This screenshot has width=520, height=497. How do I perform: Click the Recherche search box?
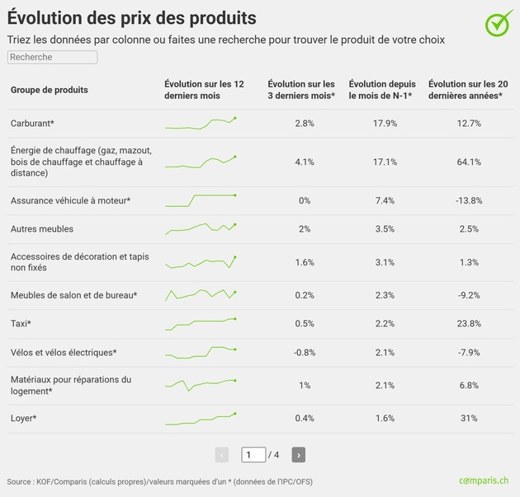(x=52, y=57)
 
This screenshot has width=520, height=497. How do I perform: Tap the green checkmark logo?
(x=498, y=24)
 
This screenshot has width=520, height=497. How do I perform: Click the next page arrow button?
(x=299, y=455)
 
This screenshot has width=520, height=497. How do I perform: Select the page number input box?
(x=253, y=455)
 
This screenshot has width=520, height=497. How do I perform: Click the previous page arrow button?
(x=222, y=455)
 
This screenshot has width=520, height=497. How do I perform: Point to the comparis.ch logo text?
(x=484, y=481)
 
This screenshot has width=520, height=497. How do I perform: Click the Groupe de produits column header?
(x=50, y=90)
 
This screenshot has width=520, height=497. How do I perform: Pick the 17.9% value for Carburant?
(x=385, y=124)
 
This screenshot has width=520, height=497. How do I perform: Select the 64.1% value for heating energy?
(x=469, y=162)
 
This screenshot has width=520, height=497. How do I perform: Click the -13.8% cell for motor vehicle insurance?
(x=469, y=200)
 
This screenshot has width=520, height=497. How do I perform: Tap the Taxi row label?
(x=21, y=323)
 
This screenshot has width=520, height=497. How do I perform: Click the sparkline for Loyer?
(x=201, y=420)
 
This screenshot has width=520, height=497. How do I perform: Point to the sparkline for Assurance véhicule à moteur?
(x=201, y=200)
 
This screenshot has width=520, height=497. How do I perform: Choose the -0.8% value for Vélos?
(x=305, y=353)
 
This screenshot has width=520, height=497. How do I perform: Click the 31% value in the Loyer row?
(x=469, y=418)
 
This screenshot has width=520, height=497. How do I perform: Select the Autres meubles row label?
(x=42, y=229)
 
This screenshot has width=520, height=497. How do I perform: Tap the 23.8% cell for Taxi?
(x=469, y=323)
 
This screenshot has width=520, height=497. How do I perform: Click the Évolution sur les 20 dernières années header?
(x=468, y=90)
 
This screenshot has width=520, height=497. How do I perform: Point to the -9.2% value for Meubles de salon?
(x=469, y=295)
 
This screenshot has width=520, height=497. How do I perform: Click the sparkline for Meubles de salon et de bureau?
(x=201, y=295)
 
